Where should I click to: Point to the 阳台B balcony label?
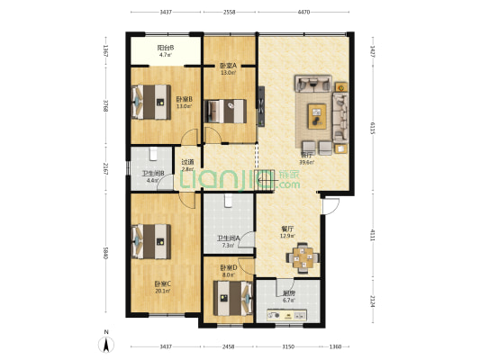click(x=166, y=49)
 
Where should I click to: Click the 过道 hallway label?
click(x=187, y=162)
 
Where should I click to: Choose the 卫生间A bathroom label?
click(x=225, y=238)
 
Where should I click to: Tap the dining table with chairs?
click(x=303, y=257)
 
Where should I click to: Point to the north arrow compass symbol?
click(x=107, y=343)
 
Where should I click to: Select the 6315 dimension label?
click(x=372, y=127)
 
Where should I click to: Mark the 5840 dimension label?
click(x=105, y=253)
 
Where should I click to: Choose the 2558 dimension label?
click(x=230, y=13)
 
